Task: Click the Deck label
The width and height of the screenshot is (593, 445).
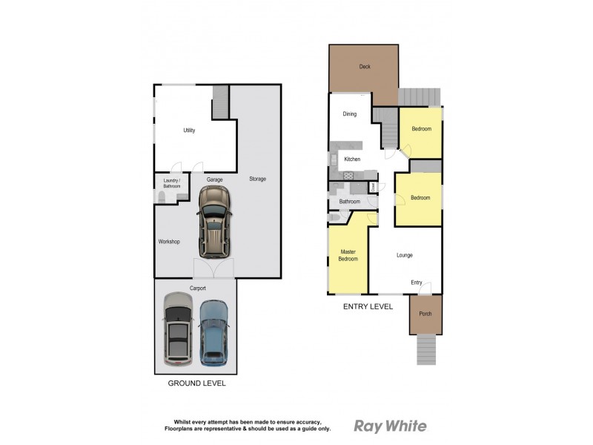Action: point(364,67)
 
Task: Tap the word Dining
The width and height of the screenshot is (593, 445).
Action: point(349,114)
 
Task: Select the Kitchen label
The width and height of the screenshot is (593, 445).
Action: point(352,159)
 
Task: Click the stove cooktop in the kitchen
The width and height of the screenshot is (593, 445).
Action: point(348,175)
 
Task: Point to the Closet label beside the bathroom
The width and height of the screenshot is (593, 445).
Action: point(373,186)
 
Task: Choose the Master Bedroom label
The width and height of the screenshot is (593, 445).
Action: point(348,255)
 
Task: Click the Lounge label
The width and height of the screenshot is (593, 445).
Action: point(404,255)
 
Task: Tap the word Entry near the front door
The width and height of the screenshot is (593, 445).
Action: point(417,283)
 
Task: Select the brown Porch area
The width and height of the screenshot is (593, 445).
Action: point(425,314)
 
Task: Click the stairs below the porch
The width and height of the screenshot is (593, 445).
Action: point(426,349)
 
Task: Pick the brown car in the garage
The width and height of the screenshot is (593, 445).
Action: point(214,220)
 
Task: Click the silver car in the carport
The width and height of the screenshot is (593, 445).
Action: point(178,327)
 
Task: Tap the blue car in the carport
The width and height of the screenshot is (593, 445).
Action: point(214,332)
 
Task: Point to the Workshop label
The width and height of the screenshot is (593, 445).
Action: point(169,242)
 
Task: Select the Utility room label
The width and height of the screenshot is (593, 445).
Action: point(189,131)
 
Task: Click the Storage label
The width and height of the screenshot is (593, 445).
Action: point(257,179)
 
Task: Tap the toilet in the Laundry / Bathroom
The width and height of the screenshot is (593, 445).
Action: point(162,197)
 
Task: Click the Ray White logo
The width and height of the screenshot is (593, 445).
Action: point(390,426)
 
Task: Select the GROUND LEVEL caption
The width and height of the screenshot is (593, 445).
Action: point(196,383)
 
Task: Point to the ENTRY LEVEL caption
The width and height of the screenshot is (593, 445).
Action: point(367,306)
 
